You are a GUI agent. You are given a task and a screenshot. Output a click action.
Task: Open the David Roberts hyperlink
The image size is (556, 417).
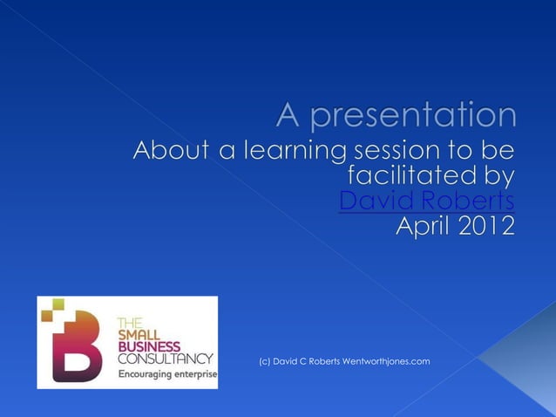tap(426, 202)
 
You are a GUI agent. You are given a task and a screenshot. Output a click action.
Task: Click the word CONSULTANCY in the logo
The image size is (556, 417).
tap(165, 359)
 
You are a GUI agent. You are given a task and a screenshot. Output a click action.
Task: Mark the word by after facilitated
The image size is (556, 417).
tap(495, 175)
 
